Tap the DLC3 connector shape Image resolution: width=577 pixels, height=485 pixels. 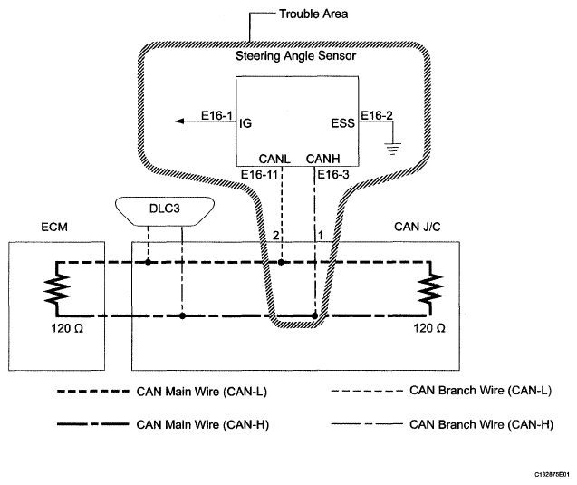click(x=165, y=208)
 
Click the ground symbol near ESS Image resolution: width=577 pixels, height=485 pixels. click(x=392, y=148)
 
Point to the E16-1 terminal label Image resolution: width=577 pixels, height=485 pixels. click(x=217, y=115)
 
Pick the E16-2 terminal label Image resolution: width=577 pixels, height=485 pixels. click(x=378, y=115)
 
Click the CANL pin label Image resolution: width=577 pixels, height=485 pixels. click(x=274, y=158)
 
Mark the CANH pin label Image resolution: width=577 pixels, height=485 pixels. click(x=322, y=158)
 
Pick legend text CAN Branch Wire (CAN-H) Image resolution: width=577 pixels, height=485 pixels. click(x=483, y=423)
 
